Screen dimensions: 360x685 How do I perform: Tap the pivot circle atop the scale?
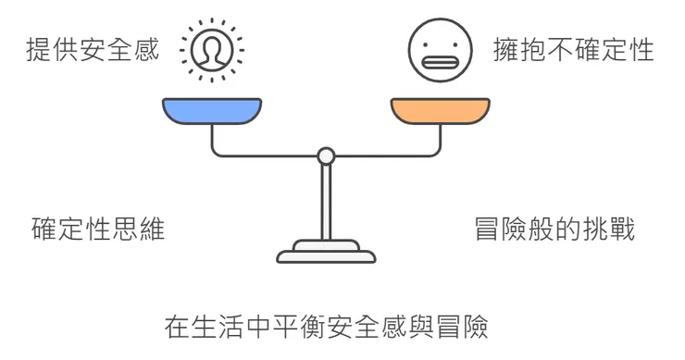tap(326, 156)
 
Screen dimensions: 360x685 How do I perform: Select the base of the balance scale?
tap(327, 252)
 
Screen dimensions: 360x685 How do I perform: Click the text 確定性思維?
tap(98, 228)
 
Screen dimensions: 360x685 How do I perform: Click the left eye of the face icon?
tap(429, 43)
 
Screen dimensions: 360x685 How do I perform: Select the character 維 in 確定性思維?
tap(152, 228)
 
